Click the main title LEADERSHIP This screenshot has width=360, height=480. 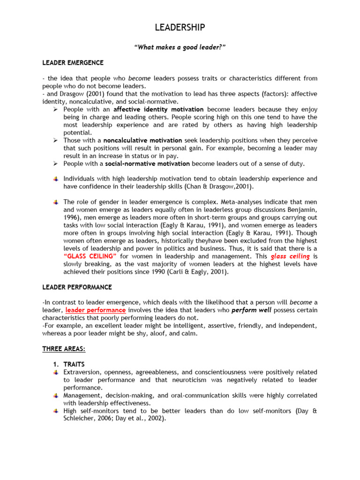click(x=180, y=28)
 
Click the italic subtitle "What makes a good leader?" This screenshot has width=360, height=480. click(x=180, y=47)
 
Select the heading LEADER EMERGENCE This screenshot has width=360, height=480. click(x=73, y=62)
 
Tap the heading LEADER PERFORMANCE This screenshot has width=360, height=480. click(x=77, y=287)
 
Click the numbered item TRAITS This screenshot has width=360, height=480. click(x=75, y=364)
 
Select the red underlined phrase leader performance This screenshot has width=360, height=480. click(x=95, y=310)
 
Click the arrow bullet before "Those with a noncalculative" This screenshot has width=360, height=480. click(x=55, y=140)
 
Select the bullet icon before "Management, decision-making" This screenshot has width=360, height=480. click(x=56, y=396)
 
